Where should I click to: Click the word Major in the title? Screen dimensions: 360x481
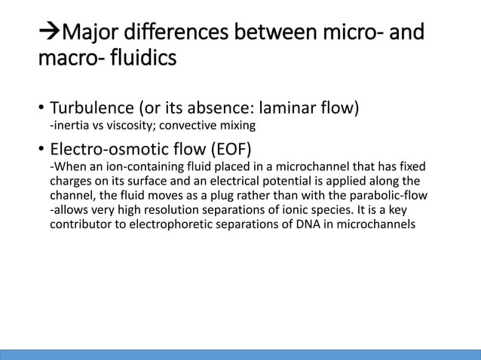coord(91,33)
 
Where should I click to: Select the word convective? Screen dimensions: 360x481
coord(175,126)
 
